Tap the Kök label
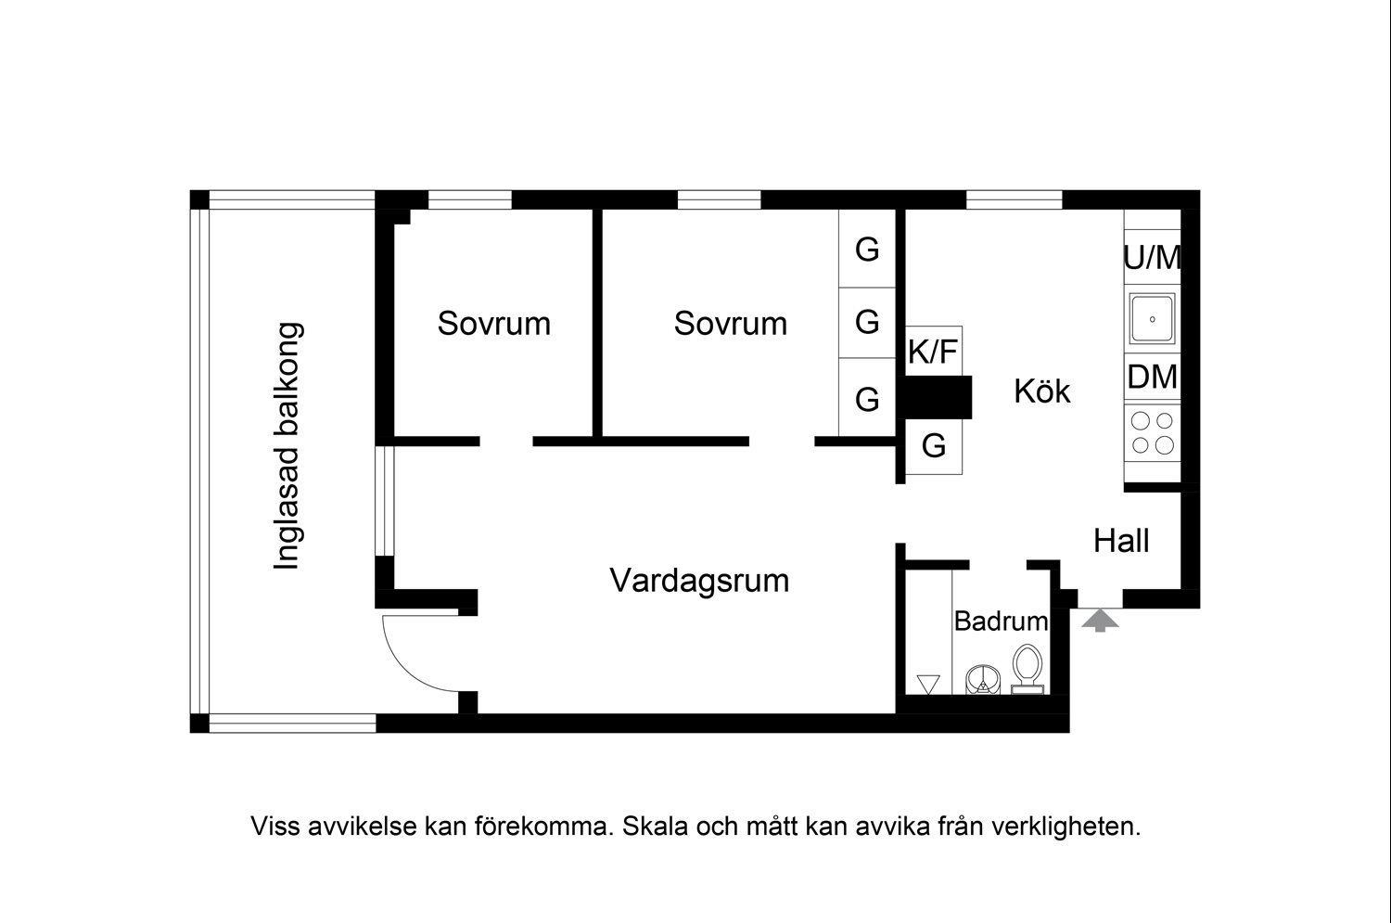[x=1042, y=391]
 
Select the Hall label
[x=1121, y=541]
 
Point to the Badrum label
[x=1001, y=622]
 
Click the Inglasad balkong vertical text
[x=287, y=446]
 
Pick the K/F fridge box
[x=933, y=351]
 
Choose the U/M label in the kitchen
[x=1152, y=257]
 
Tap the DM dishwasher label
[x=1152, y=377]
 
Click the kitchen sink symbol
[x=1152, y=319]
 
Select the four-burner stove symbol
[x=1152, y=433]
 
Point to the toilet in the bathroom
[x=1027, y=669]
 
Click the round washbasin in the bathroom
[x=983, y=679]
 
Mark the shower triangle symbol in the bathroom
[x=928, y=684]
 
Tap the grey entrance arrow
[x=1100, y=621]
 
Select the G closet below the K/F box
[x=933, y=446]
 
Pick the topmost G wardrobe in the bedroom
[x=867, y=250]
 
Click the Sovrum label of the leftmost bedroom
[x=493, y=324]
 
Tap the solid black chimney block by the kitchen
[x=934, y=398]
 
